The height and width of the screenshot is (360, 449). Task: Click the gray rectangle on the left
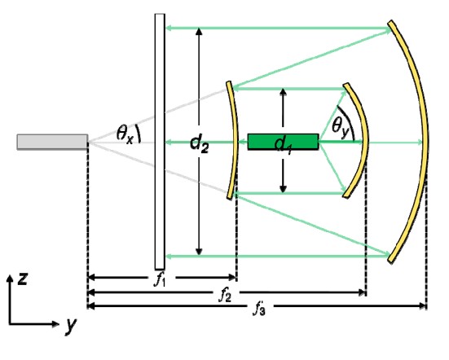pos(52,142)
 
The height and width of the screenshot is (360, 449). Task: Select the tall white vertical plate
pos(160,142)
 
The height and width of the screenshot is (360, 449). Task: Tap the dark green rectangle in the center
pos(284,142)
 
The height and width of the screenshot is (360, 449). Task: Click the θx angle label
pos(125,134)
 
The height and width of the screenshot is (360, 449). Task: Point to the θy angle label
pos(341,126)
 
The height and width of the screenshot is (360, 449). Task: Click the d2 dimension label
pos(200,143)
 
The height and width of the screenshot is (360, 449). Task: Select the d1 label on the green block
pos(283,145)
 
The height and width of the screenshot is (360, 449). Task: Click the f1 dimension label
pos(160,279)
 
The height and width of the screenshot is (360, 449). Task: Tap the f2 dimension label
pos(225,295)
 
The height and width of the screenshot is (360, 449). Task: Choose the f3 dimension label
pos(259,309)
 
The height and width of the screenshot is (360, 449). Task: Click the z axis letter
pos(22,279)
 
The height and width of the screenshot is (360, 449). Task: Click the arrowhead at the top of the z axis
pos(10,279)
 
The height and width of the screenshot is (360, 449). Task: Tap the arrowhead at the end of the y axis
pos(55,323)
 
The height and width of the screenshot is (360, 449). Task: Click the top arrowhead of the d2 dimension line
pos(199,31)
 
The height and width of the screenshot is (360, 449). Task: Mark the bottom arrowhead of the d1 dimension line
pos(283,189)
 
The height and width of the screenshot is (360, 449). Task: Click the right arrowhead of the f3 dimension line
pos(423,306)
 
